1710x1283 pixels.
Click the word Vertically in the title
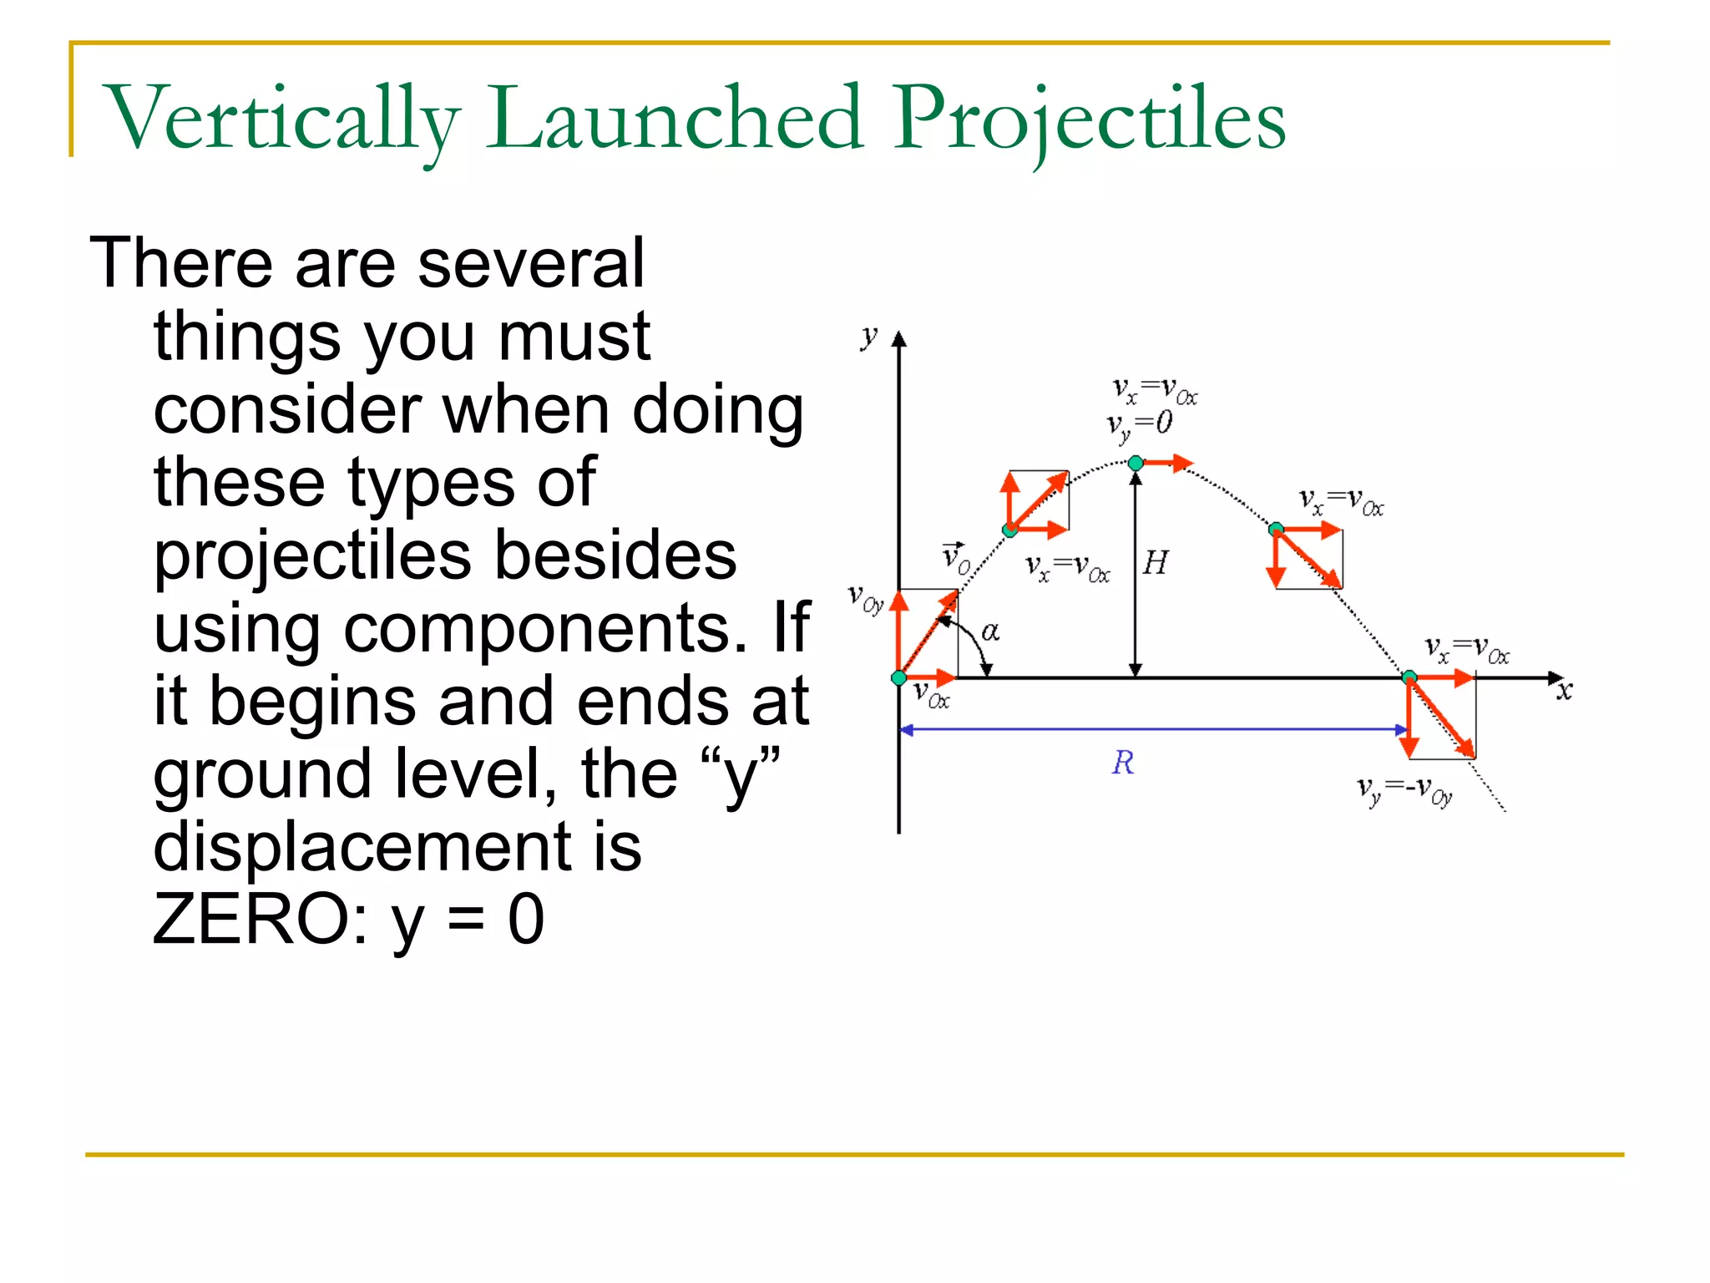tap(282, 119)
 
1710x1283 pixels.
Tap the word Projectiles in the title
tap(1090, 119)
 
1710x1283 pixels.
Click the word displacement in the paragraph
tap(397, 846)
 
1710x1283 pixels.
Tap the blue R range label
tap(1123, 763)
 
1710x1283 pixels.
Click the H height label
tap(1156, 562)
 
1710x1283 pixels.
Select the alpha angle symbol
tap(990, 631)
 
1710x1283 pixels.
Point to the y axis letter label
tap(869, 337)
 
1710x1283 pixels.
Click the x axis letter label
tap(1564, 691)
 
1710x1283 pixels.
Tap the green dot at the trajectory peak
tap(1136, 463)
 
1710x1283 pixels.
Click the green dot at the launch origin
tap(899, 677)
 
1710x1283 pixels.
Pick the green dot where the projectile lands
tap(1409, 677)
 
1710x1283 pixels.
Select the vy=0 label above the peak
tap(1140, 424)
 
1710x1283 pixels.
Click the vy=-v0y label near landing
tap(1405, 789)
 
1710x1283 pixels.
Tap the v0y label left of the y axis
tap(866, 598)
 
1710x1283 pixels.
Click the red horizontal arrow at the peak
tap(1167, 463)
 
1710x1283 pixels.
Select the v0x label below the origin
tap(932, 693)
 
